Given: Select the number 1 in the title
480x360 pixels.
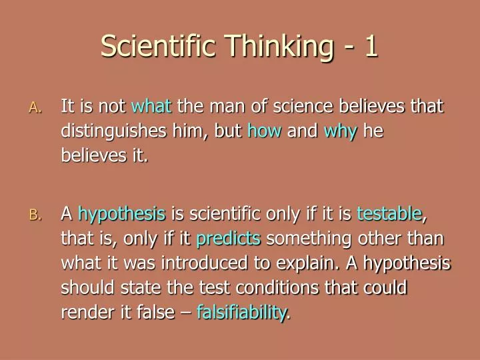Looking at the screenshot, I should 371,46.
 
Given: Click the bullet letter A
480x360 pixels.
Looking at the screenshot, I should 35,108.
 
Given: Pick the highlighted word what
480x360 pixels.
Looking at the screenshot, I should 151,107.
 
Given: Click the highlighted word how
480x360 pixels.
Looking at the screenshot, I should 265,131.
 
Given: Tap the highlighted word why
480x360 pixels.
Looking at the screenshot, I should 341,131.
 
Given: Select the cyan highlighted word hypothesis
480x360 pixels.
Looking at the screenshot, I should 121,214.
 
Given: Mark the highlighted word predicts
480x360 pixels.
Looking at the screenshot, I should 229,239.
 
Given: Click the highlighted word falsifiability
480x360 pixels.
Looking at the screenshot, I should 243,313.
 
